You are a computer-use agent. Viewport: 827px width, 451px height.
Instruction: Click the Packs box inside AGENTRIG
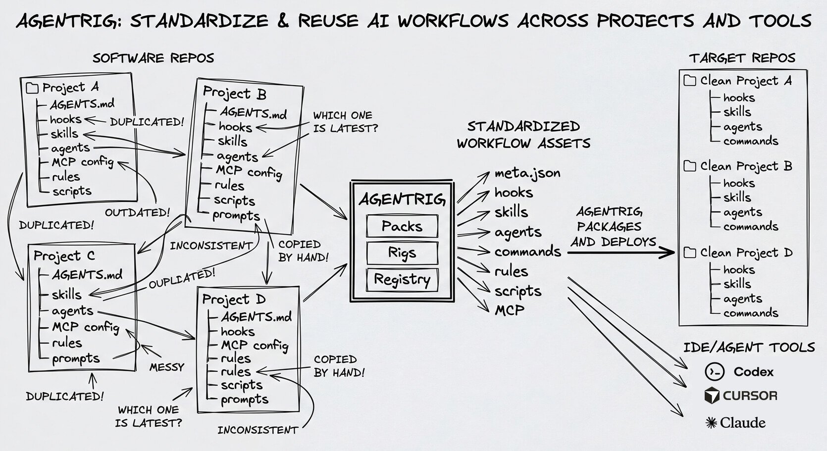pyautogui.click(x=402, y=226)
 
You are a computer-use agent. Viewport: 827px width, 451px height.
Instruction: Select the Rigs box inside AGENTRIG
pyautogui.click(x=402, y=253)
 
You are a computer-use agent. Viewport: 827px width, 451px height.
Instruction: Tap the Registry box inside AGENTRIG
pyautogui.click(x=402, y=279)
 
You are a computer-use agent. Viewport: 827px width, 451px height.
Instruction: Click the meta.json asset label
pyautogui.click(x=527, y=173)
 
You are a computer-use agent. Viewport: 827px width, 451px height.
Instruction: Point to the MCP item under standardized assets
pyautogui.click(x=510, y=310)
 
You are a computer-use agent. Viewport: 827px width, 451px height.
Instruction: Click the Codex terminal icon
pyautogui.click(x=714, y=372)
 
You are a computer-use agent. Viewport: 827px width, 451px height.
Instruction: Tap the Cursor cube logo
pyautogui.click(x=712, y=396)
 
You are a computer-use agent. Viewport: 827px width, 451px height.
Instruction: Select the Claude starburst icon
pyautogui.click(x=711, y=423)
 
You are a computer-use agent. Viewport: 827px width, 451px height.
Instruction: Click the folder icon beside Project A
pyautogui.click(x=32, y=88)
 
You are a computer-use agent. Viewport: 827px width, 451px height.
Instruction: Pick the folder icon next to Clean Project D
pyautogui.click(x=690, y=252)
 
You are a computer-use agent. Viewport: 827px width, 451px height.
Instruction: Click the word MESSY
pyautogui.click(x=167, y=367)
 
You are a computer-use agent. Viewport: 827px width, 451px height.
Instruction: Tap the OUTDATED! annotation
pyautogui.click(x=137, y=213)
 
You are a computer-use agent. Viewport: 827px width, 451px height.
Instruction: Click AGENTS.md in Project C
pyautogui.click(x=87, y=275)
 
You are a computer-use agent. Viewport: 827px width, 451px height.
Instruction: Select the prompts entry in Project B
pyautogui.click(x=236, y=216)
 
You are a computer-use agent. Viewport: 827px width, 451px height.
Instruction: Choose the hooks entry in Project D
pyautogui.click(x=238, y=331)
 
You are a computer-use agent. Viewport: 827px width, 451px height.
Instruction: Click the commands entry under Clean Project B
pyautogui.click(x=751, y=227)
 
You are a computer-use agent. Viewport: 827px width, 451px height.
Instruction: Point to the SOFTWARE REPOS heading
pyautogui.click(x=153, y=58)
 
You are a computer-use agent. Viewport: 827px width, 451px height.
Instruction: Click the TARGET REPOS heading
pyautogui.click(x=742, y=58)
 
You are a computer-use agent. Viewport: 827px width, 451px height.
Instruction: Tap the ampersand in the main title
pyautogui.click(x=283, y=21)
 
